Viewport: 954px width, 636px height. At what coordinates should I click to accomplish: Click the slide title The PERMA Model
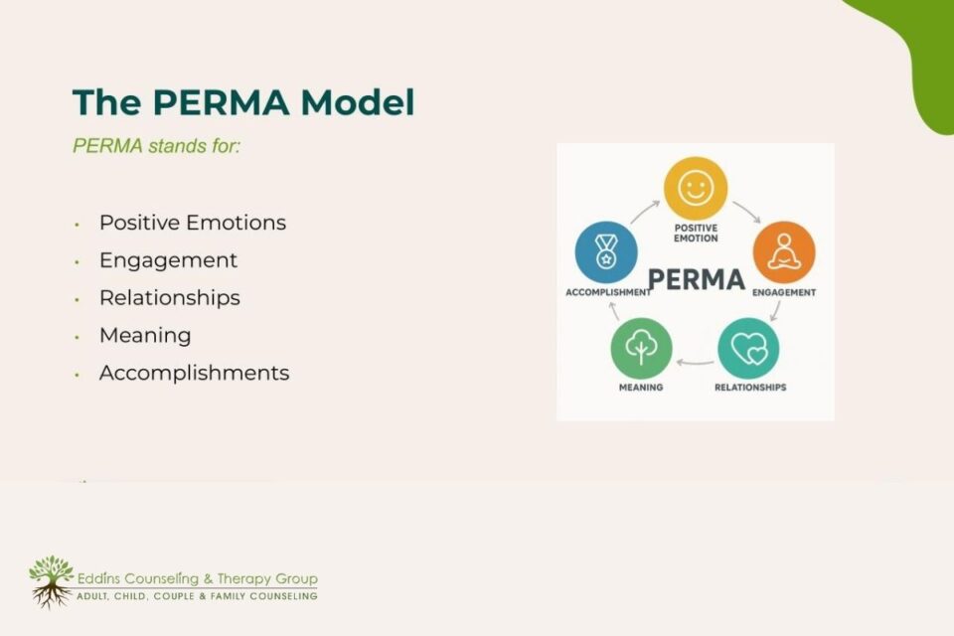point(243,103)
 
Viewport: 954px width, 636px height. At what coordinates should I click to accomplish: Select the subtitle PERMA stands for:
point(157,145)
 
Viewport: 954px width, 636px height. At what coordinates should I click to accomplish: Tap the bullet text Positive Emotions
point(193,223)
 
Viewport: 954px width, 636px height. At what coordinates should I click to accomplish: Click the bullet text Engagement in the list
point(168,260)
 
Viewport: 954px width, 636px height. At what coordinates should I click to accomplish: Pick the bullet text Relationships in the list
point(170,298)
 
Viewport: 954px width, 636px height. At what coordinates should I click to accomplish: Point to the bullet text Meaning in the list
point(145,336)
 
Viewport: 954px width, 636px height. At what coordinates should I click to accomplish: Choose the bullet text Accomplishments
point(195,374)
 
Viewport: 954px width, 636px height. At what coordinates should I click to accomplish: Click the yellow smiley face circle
point(696,189)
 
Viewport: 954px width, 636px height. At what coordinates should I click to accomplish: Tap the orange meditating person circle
point(784,251)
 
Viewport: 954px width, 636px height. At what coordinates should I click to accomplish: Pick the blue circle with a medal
point(606,251)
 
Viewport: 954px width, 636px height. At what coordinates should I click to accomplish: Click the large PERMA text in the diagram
point(696,279)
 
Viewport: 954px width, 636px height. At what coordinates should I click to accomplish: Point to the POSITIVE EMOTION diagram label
point(696,233)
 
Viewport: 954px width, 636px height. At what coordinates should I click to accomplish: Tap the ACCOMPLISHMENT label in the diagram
point(608,293)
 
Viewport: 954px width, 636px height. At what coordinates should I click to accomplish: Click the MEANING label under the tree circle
point(641,388)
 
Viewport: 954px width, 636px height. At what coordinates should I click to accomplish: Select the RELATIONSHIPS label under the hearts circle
point(750,388)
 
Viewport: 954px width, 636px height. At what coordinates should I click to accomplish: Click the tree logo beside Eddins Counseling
point(50,581)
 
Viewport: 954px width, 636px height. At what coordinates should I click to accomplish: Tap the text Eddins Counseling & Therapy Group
point(197,578)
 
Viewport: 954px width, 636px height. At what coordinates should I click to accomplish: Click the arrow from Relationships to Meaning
point(695,362)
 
